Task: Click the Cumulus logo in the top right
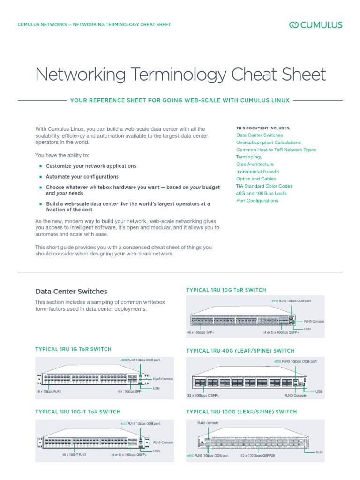(315, 25)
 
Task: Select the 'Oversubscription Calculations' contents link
(269, 142)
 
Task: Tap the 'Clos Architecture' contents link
(255, 165)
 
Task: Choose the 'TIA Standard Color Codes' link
(264, 186)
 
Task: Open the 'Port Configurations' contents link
(257, 201)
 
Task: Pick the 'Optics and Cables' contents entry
(256, 179)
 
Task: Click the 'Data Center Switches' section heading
(71, 292)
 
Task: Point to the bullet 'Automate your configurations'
(82, 177)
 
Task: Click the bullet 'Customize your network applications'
(91, 166)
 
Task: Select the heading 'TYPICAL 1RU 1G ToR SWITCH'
(74, 349)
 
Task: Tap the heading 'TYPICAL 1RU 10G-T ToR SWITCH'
(78, 412)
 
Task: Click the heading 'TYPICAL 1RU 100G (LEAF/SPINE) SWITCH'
(241, 412)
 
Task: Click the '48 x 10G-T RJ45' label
(74, 455)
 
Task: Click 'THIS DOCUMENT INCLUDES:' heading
(263, 128)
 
